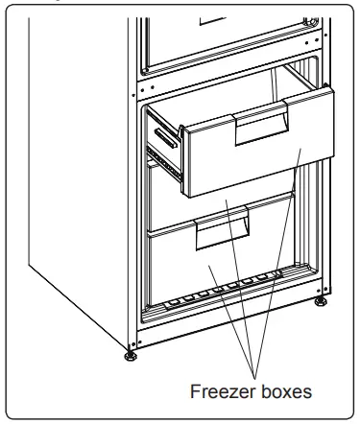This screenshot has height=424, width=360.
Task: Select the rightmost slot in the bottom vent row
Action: [x=287, y=273]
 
